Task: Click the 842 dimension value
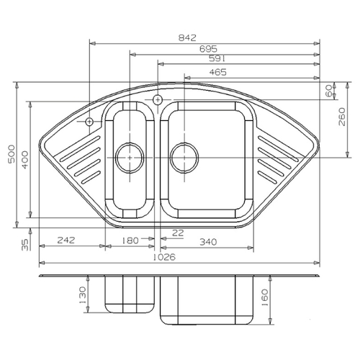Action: point(187,37)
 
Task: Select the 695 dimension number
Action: point(208,49)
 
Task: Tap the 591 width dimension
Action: point(217,58)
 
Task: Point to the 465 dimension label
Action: point(218,72)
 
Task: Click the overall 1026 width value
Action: point(164,257)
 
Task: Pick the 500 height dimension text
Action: point(12,153)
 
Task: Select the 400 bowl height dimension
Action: point(25,160)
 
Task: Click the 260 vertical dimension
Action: point(342,117)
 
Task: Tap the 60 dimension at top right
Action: point(329,91)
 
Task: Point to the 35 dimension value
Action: point(25,245)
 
